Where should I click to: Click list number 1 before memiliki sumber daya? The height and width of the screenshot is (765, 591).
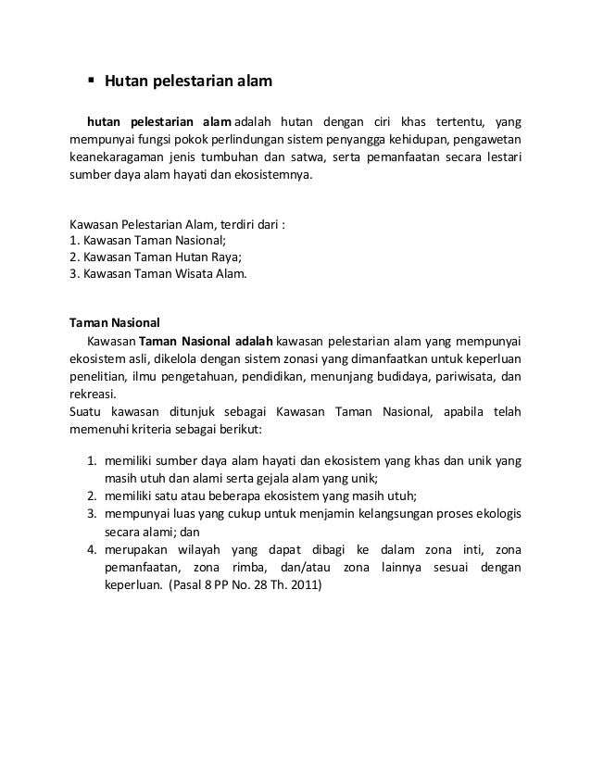point(93,460)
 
